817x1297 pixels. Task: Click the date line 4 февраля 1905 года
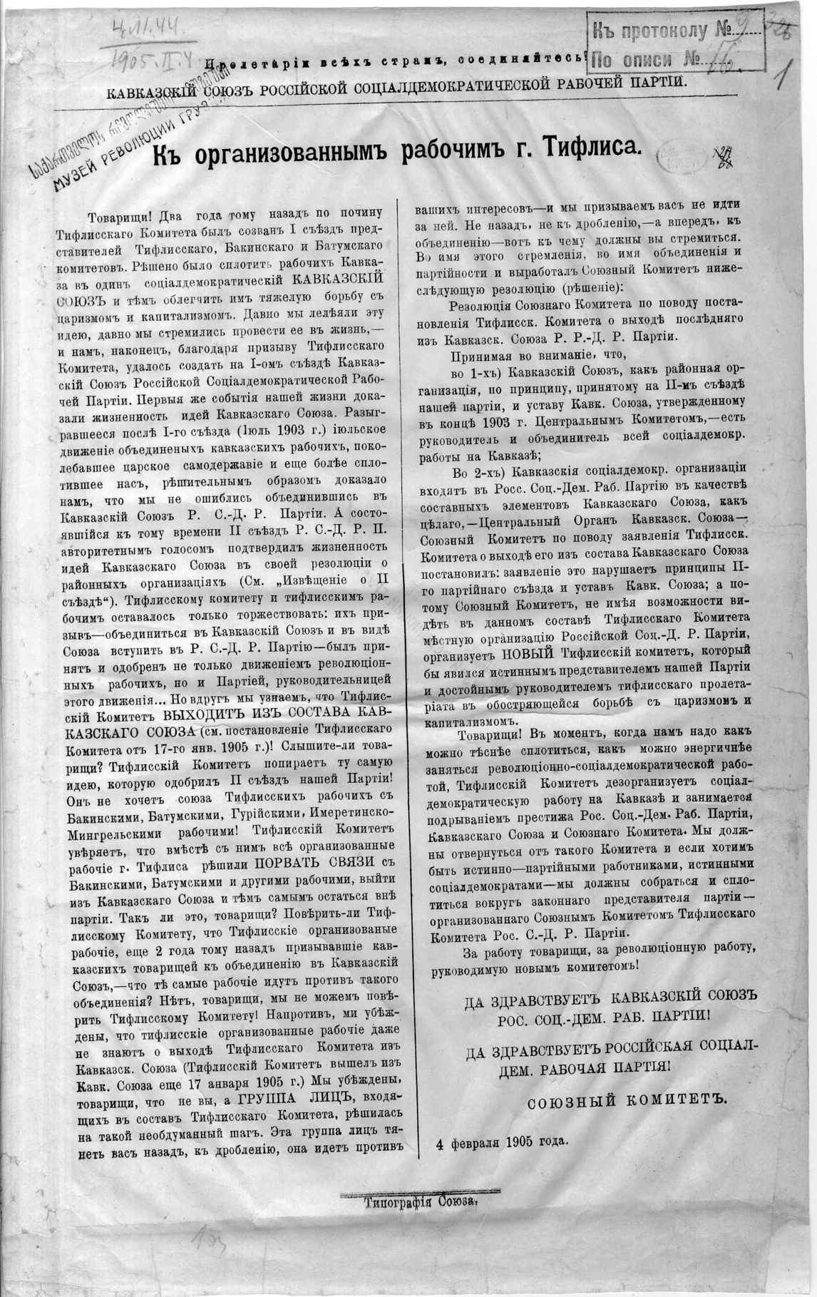[503, 1139]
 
